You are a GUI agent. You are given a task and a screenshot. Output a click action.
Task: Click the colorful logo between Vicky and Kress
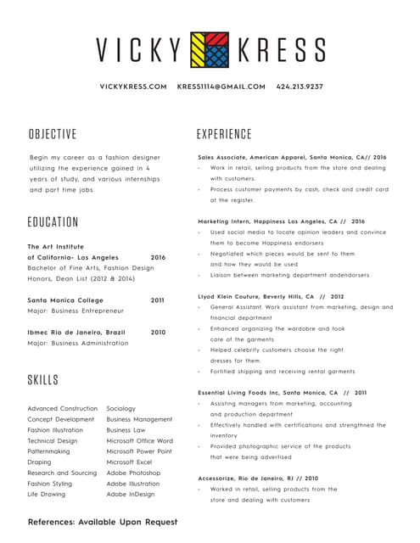(x=209, y=49)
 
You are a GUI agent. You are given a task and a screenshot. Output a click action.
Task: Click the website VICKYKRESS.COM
(x=133, y=87)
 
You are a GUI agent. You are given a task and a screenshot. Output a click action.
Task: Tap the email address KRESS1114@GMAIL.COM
(x=221, y=87)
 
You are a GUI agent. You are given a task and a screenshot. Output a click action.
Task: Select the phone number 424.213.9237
(x=300, y=87)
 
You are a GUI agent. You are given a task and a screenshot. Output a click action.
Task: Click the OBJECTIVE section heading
(x=53, y=134)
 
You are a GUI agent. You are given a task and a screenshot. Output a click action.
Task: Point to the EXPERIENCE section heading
(x=224, y=134)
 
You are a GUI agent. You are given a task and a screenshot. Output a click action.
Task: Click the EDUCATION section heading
(x=53, y=222)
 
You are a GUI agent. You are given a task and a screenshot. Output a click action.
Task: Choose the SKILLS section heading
(x=42, y=379)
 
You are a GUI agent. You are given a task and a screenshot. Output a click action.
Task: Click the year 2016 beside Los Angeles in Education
(x=158, y=257)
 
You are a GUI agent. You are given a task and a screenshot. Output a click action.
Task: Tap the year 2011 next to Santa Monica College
(x=158, y=300)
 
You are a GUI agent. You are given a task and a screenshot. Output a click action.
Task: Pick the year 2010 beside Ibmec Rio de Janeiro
(x=158, y=333)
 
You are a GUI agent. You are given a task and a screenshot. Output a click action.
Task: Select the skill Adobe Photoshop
(x=133, y=473)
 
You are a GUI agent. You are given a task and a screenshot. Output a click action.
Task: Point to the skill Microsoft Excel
(x=129, y=462)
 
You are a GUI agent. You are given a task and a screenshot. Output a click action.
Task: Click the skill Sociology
(x=121, y=409)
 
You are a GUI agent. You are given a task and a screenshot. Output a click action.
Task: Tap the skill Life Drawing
(x=47, y=494)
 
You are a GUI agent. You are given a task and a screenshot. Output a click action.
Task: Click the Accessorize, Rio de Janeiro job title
(x=258, y=479)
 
